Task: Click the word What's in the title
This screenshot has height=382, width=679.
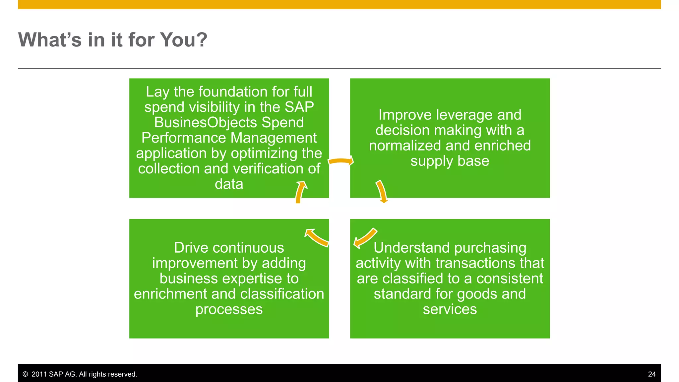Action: pyautogui.click(x=50, y=40)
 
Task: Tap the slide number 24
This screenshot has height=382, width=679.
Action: pyautogui.click(x=651, y=374)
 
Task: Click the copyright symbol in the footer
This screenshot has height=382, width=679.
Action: pyautogui.click(x=25, y=374)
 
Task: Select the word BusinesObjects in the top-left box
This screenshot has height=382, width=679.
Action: pyautogui.click(x=206, y=122)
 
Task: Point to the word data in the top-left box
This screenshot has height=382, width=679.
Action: pyautogui.click(x=229, y=184)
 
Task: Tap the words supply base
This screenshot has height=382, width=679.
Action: pyautogui.click(x=450, y=161)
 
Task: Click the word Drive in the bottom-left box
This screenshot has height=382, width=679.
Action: pyautogui.click(x=189, y=248)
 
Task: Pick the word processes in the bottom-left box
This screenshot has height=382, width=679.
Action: pyautogui.click(x=229, y=309)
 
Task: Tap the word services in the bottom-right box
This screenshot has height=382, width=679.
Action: pyautogui.click(x=450, y=309)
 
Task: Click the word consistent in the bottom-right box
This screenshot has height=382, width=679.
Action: pyautogui.click(x=510, y=279)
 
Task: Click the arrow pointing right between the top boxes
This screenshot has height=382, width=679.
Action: pyautogui.click(x=341, y=161)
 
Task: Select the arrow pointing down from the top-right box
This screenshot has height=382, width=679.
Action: pyautogui.click(x=382, y=192)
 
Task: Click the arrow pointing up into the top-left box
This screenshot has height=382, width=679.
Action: pyautogui.click(x=300, y=192)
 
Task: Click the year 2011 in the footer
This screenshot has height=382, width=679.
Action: pyautogui.click(x=39, y=374)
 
